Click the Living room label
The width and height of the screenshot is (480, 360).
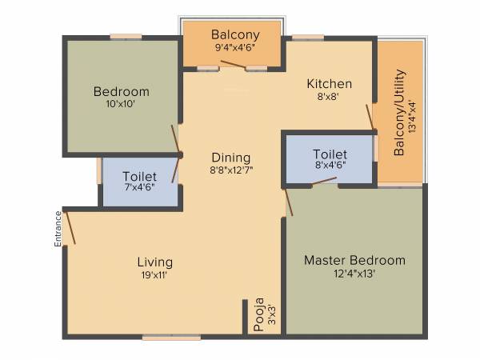click(154, 262)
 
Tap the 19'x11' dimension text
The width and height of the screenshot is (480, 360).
click(154, 274)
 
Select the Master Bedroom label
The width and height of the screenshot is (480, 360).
click(354, 260)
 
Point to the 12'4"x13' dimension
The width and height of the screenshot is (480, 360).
click(354, 274)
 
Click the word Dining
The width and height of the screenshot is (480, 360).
click(230, 158)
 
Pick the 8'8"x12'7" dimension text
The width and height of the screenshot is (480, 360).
click(230, 170)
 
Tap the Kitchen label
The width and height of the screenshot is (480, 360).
click(330, 83)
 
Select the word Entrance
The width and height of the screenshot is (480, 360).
click(58, 229)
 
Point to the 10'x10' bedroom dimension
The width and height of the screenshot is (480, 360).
click(121, 103)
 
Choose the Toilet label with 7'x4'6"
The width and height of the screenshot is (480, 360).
click(139, 176)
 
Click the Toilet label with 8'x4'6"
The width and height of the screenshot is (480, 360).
click(330, 153)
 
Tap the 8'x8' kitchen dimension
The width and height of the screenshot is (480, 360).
click(330, 97)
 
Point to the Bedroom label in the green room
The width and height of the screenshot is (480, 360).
click(121, 90)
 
